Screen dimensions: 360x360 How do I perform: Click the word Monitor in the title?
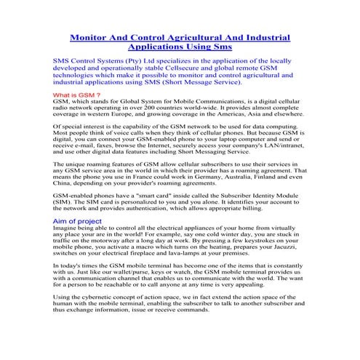(x=89, y=37)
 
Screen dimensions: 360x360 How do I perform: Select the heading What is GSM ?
(x=76, y=95)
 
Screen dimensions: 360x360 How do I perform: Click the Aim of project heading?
(x=77, y=220)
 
